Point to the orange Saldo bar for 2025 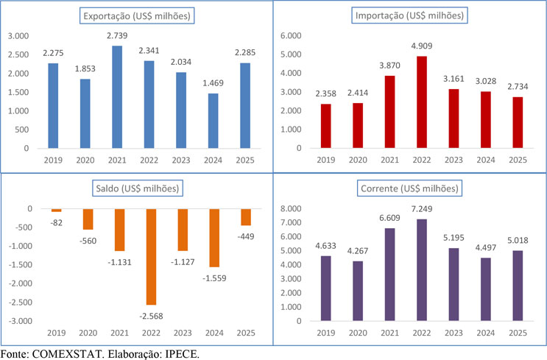point(245,216)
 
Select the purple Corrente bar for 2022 point(422,270)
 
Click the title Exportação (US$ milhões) point(136,15)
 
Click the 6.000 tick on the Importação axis point(290,36)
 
